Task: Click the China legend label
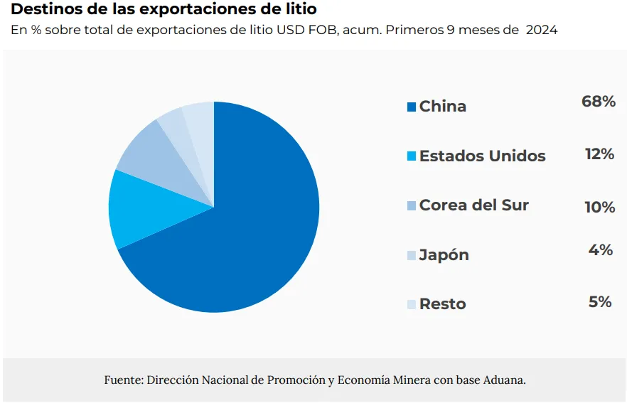point(443,107)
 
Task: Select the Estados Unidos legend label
point(483,156)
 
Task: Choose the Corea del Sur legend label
point(474,205)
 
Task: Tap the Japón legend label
point(444,254)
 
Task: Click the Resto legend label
point(443,303)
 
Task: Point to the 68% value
point(599,102)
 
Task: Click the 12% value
point(599,154)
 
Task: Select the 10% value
point(599,207)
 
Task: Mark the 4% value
point(601,249)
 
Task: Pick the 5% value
point(601,301)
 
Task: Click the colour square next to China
point(411,107)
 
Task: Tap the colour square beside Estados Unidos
point(411,156)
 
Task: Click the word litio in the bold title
point(299,10)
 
